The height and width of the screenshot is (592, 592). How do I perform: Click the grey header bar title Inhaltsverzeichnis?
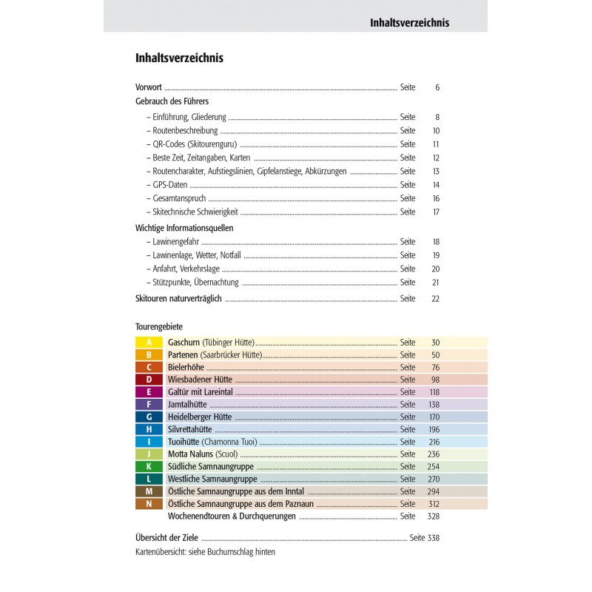[409, 23]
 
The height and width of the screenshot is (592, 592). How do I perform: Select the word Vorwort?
[149, 87]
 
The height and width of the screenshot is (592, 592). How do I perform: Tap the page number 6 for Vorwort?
[437, 87]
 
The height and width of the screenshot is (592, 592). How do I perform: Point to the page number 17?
[436, 212]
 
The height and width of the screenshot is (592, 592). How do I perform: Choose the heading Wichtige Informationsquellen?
[184, 228]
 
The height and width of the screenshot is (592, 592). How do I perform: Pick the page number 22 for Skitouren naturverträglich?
[435, 298]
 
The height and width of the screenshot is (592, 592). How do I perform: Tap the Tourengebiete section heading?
[159, 326]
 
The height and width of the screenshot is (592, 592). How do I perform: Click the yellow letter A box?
[149, 343]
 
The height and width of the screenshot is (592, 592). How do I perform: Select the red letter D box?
[149, 380]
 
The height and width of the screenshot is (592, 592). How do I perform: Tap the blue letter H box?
[149, 429]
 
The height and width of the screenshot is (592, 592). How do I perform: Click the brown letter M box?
[149, 491]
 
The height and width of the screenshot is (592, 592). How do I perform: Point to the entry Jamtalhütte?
[187, 405]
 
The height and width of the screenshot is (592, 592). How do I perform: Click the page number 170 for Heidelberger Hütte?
[433, 417]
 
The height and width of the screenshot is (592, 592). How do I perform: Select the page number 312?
[433, 504]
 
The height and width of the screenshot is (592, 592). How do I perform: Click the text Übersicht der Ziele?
[168, 538]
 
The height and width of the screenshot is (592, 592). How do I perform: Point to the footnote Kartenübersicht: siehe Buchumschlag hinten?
[205, 552]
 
